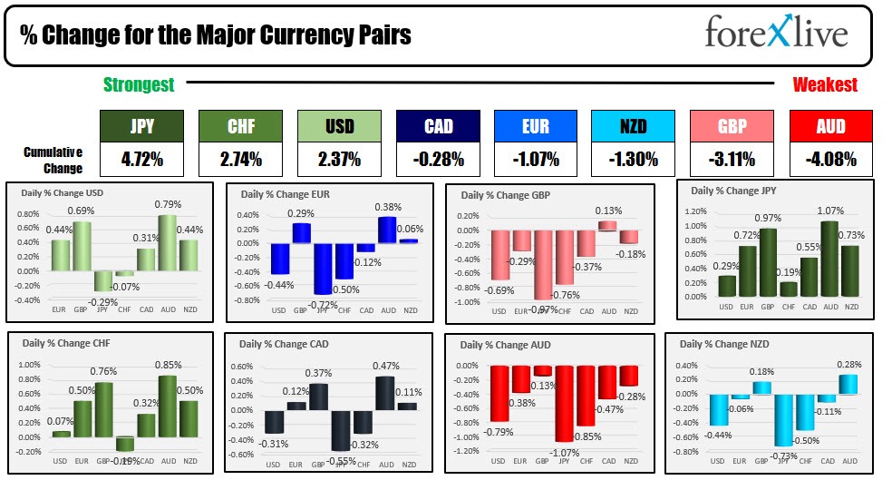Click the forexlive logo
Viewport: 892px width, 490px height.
coord(777,34)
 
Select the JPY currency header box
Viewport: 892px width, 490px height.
coord(141,126)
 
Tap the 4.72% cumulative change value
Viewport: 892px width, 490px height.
coord(141,160)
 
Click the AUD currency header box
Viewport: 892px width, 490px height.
coord(830,126)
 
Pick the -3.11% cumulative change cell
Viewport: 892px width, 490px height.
coord(732,160)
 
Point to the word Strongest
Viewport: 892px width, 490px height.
coord(139,84)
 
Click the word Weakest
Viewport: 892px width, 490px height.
coord(825,84)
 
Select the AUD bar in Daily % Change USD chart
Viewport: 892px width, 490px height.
coord(167,242)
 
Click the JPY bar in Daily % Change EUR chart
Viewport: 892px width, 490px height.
coord(322,269)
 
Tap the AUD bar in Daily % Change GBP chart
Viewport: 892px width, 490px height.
coord(608,225)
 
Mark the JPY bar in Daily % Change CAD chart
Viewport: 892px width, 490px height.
coord(341,431)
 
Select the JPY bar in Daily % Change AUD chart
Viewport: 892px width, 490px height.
coord(564,404)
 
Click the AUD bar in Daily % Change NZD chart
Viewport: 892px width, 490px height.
coord(848,384)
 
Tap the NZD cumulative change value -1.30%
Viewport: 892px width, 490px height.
coord(633,160)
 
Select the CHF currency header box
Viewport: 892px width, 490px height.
coord(240,126)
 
